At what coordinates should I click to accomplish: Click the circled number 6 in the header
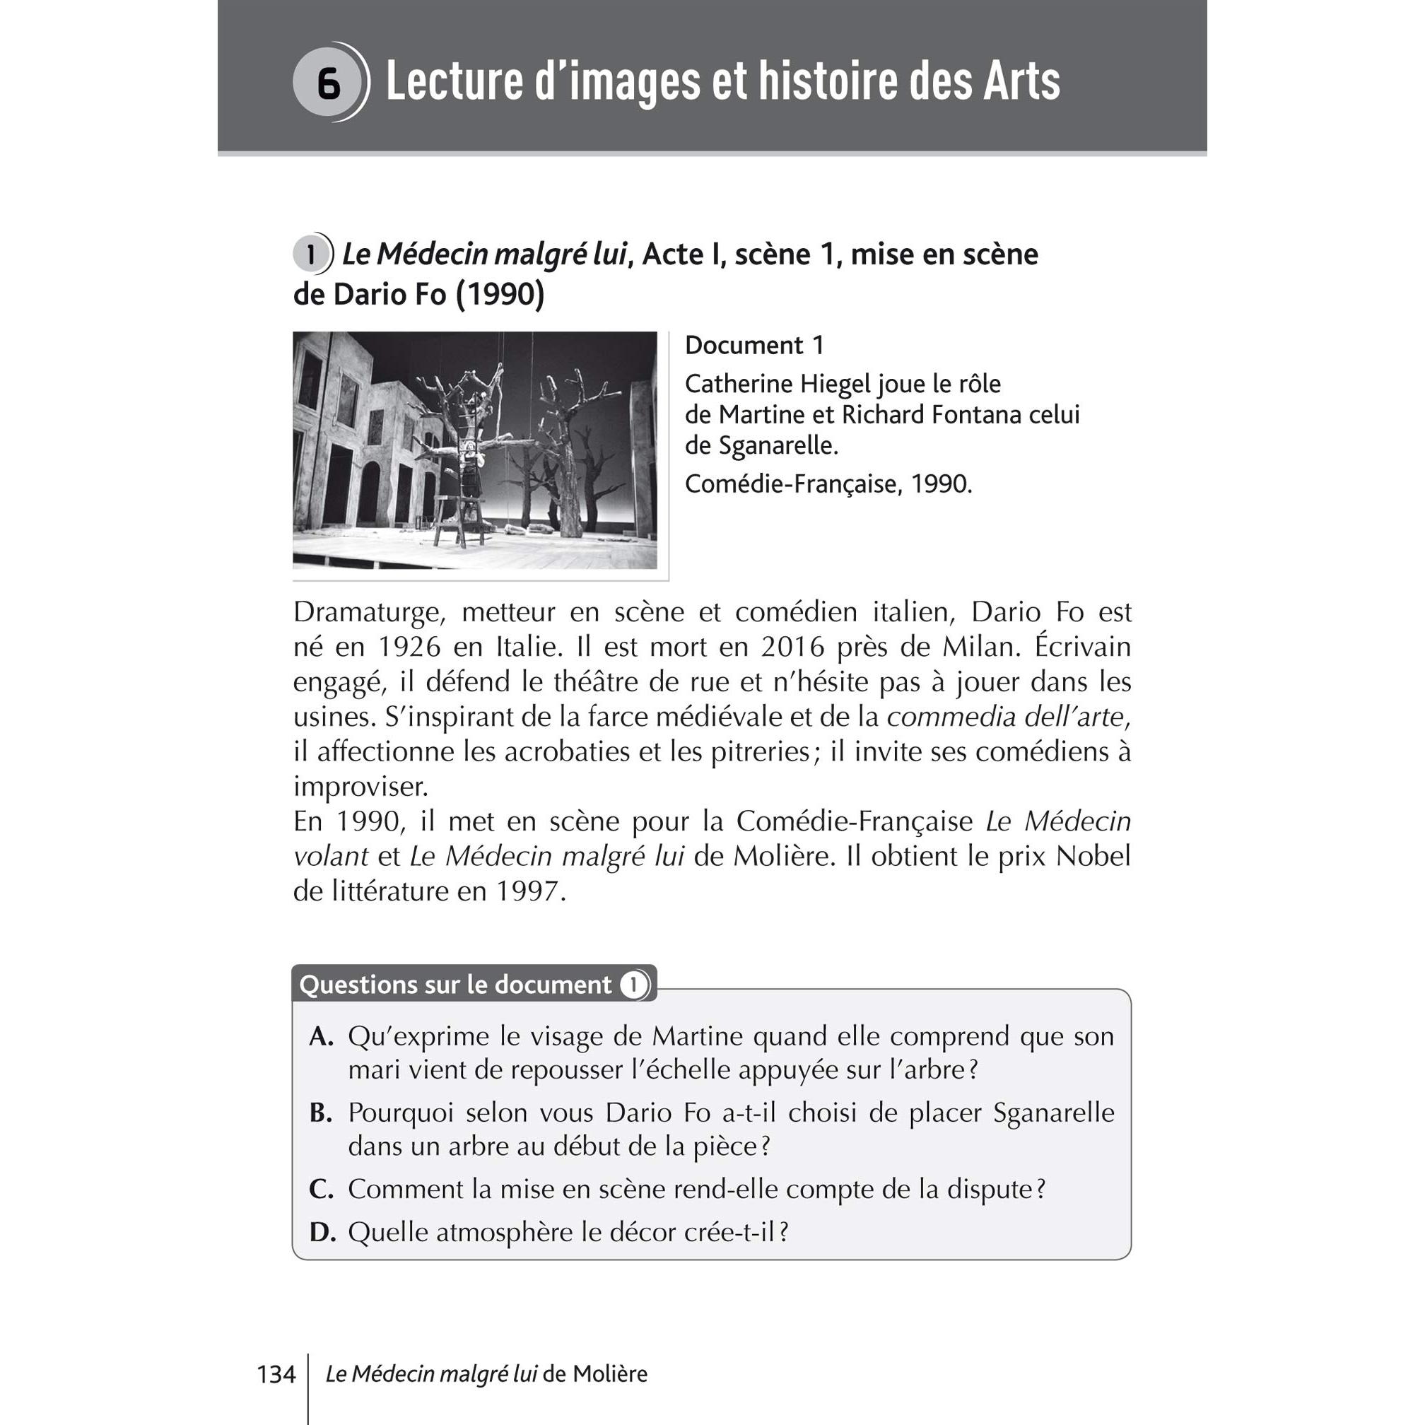tap(327, 83)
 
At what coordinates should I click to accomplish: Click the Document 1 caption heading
tap(753, 345)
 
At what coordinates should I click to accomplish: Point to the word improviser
tap(360, 787)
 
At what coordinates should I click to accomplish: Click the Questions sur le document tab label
tap(456, 985)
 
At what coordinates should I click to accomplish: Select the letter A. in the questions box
tap(322, 1037)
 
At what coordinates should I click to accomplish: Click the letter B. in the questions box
tap(322, 1113)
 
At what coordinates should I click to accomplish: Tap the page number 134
tap(276, 1374)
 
